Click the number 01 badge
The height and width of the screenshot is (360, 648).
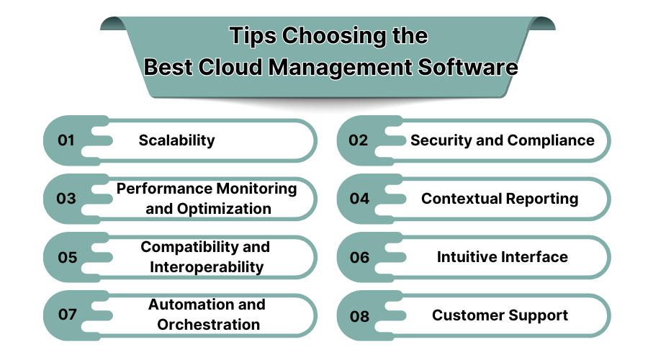coord(66,140)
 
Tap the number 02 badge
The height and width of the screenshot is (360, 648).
coord(358,140)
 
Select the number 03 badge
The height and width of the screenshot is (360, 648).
coord(66,199)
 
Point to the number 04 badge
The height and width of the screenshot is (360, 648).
coord(359,199)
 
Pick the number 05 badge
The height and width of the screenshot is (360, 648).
coord(67,257)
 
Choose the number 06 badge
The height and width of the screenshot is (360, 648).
coord(359,257)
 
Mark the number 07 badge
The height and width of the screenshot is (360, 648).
coord(67,315)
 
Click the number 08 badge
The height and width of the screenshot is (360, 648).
coord(359,315)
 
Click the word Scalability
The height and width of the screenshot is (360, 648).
coord(176,140)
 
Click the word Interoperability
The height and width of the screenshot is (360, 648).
coord(207,267)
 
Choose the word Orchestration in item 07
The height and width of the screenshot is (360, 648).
coord(209,325)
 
